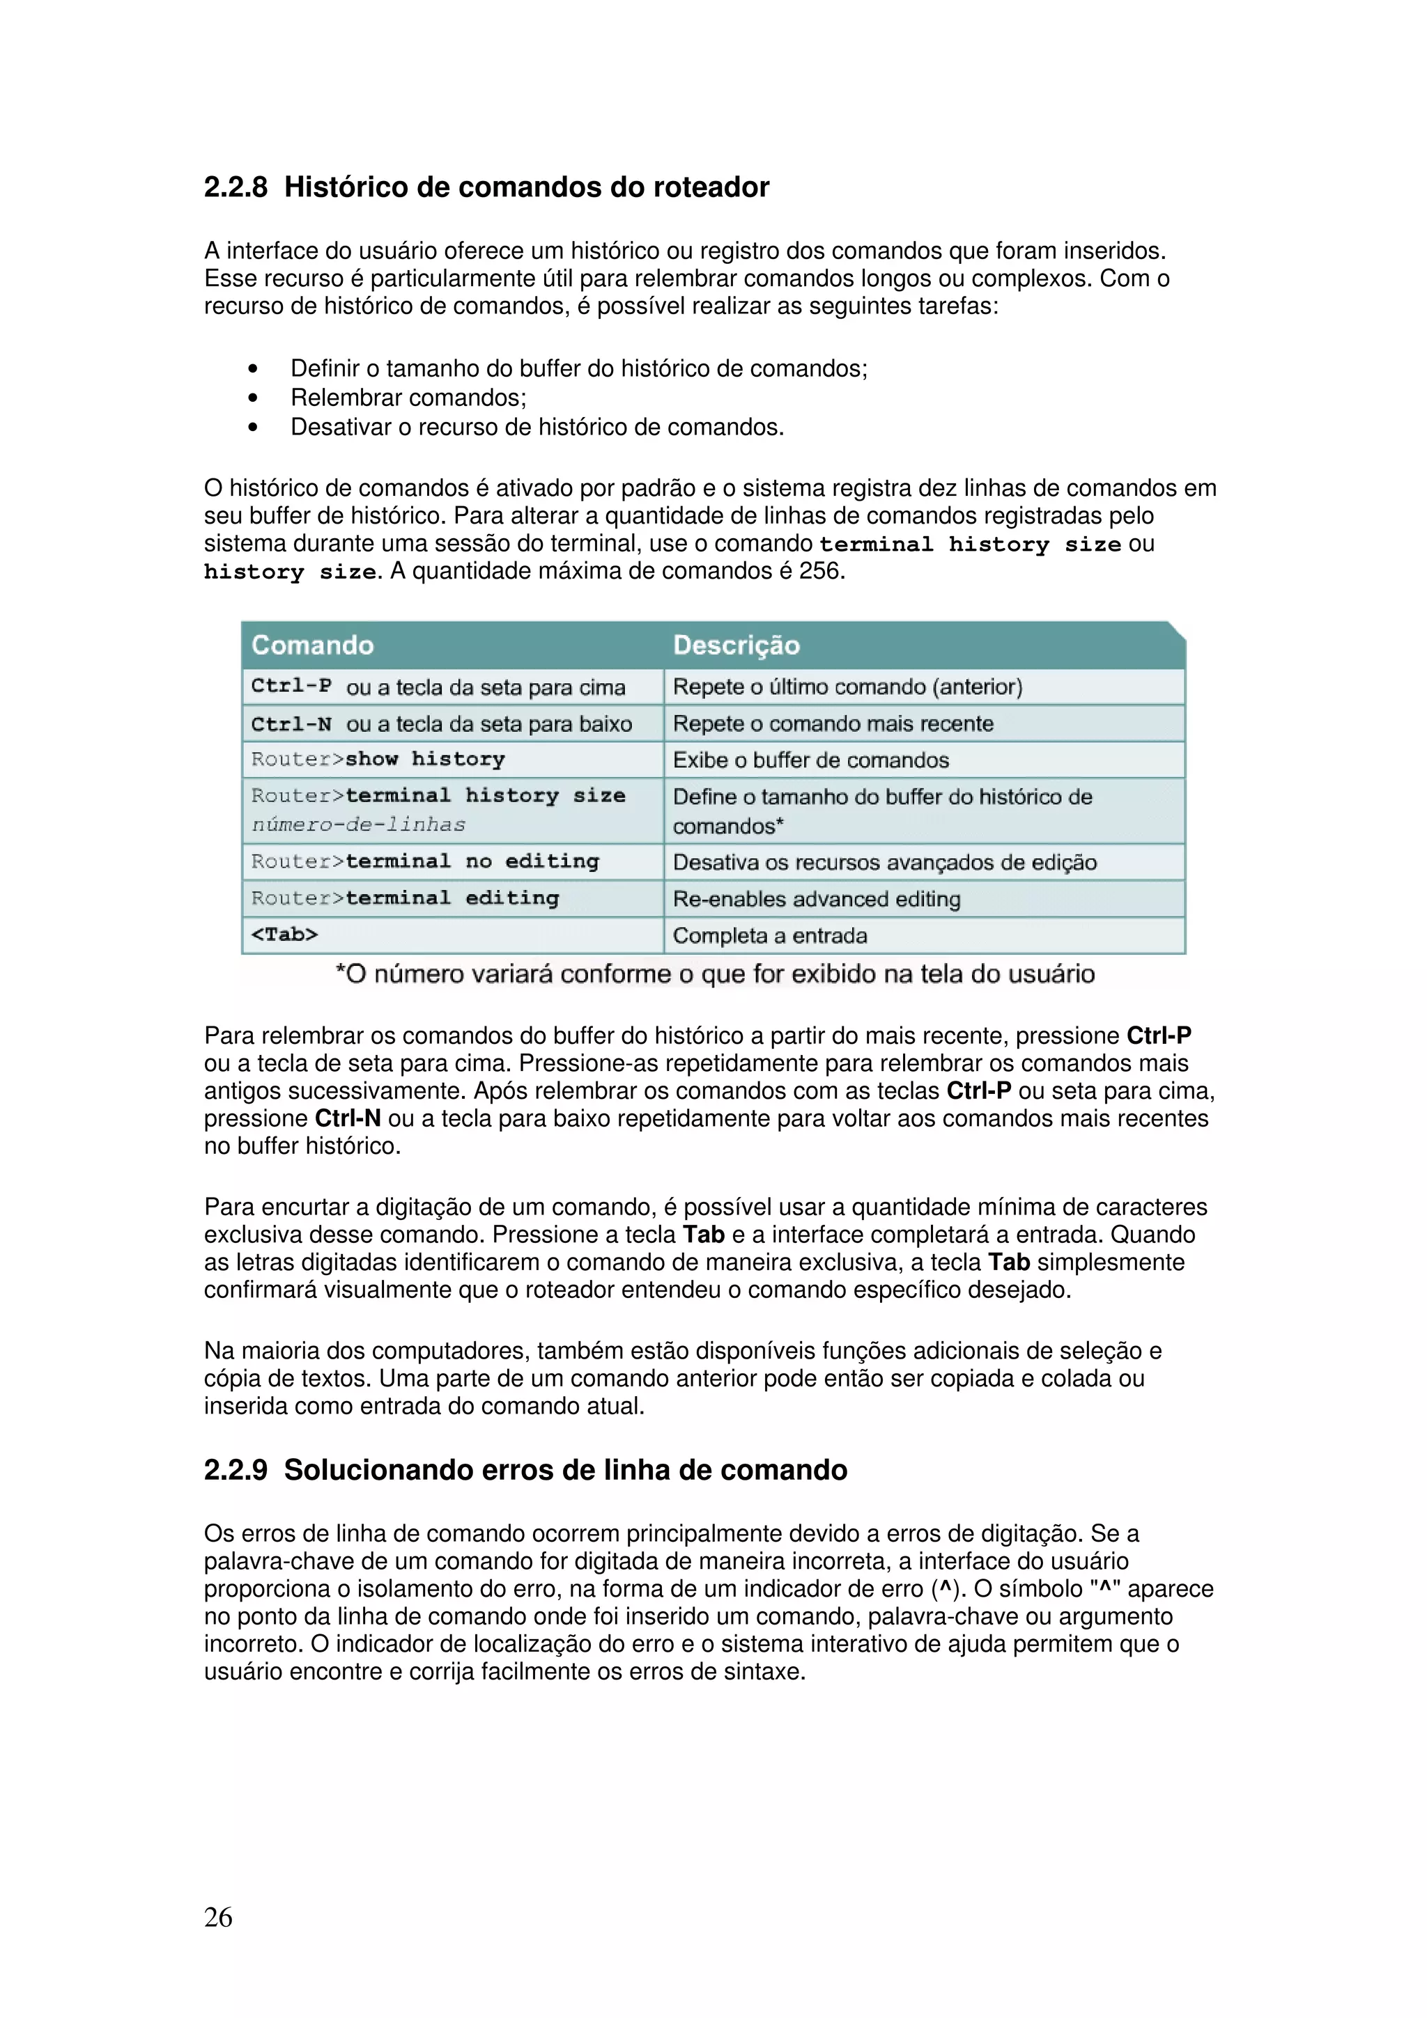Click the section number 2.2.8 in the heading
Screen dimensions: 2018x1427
click(236, 187)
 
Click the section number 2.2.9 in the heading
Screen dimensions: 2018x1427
click(236, 1469)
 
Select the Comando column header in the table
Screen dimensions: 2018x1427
click(312, 645)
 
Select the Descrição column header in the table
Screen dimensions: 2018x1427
click(736, 645)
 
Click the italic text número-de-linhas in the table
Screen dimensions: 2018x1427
click(359, 824)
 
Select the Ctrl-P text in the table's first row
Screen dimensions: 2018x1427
click(291, 686)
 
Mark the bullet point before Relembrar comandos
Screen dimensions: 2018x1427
click(253, 398)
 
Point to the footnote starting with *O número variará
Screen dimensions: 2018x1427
click(714, 974)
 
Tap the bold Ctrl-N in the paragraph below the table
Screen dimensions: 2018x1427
click(347, 1118)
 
